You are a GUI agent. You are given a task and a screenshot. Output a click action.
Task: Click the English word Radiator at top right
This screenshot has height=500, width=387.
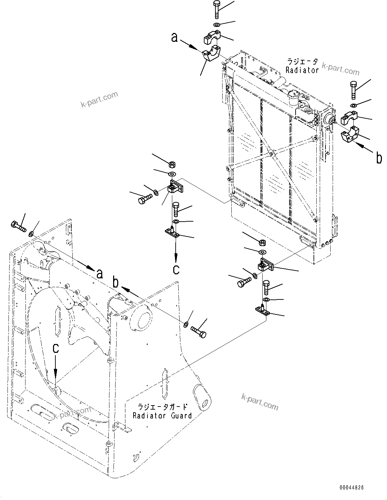pos(302,70)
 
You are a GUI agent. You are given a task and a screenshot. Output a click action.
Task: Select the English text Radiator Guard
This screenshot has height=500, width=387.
pos(162,415)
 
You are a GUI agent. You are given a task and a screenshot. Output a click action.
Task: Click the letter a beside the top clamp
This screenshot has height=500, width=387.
pos(174,38)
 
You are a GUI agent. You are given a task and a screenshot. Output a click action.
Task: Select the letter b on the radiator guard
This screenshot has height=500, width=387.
pos(116,283)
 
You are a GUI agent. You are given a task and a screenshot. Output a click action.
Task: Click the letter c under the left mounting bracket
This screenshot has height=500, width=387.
pos(176,269)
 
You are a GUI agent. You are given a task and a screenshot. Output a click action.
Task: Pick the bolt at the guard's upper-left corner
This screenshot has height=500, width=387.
pos(18,226)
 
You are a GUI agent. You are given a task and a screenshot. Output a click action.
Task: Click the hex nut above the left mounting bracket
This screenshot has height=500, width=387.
pos(172,165)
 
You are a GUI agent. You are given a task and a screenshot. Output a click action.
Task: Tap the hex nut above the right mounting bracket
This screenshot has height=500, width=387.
pos(262,242)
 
